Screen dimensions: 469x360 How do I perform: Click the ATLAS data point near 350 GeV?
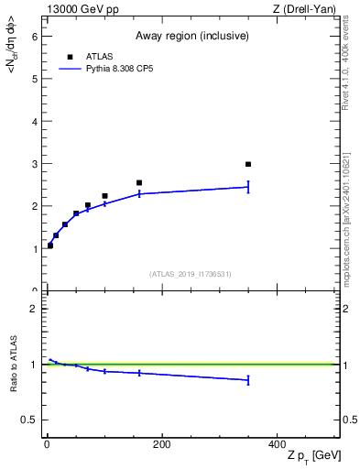(248, 164)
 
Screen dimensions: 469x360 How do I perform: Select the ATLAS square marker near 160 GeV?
(139, 182)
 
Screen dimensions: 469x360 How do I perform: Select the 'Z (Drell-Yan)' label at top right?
(305, 9)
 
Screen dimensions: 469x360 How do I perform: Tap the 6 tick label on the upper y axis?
(33, 37)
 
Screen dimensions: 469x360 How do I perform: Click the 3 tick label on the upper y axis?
(33, 164)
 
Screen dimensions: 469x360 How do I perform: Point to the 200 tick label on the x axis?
(161, 445)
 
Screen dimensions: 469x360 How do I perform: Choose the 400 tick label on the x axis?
(277, 445)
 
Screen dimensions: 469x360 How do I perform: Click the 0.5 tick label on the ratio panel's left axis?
(28, 420)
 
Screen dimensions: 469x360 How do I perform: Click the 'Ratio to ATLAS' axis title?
(14, 364)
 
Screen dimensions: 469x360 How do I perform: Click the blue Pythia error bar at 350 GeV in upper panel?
(248, 187)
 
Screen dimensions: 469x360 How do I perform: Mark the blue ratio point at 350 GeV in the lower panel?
(248, 379)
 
